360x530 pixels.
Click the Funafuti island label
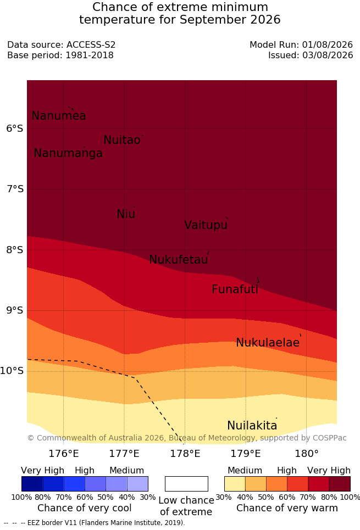tap(235, 289)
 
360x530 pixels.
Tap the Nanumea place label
tap(58, 116)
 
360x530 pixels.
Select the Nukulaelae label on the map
tap(268, 343)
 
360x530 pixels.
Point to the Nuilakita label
tap(252, 426)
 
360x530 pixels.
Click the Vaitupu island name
tap(206, 225)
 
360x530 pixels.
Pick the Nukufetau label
tap(178, 260)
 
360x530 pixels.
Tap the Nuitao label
tap(122, 140)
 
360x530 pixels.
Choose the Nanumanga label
tap(68, 153)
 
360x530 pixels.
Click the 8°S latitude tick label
tap(15, 250)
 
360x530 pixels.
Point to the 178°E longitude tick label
tap(185, 454)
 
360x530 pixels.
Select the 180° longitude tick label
tap(307, 454)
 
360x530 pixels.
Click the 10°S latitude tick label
tap(12, 371)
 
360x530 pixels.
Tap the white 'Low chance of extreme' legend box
tap(186, 484)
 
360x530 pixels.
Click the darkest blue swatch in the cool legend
tap(32, 484)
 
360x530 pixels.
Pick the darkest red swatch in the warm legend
tap(340, 484)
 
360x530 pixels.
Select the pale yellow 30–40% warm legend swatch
tap(235, 484)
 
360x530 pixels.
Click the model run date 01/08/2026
tap(328, 45)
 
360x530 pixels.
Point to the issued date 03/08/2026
tap(328, 55)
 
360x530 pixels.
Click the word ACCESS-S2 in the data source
tap(91, 45)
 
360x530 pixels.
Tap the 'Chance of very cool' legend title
tap(85, 508)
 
